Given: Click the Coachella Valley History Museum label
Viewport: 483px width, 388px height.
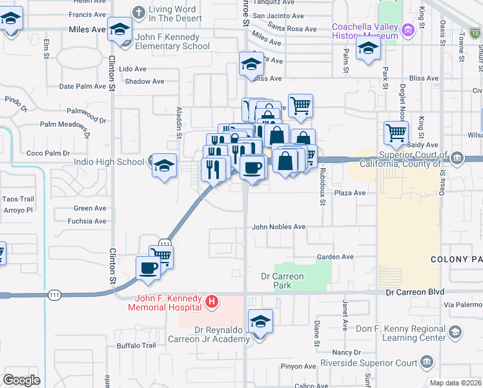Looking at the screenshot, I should [365, 32].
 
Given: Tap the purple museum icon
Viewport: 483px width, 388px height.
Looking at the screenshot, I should [407, 30].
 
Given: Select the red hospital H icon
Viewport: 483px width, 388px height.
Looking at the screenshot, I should [211, 301].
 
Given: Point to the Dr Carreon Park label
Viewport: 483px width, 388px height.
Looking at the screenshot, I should [282, 280].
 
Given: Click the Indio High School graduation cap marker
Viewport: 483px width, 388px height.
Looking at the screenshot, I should [164, 165].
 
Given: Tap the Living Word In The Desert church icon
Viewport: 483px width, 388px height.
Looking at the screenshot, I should [139, 12].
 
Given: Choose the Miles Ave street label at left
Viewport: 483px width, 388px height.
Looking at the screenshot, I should [87, 30].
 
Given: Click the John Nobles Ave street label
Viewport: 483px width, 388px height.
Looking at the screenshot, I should [278, 227].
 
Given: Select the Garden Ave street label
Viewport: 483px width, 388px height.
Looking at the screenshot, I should [335, 257].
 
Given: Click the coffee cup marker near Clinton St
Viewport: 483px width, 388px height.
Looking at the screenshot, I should [147, 268].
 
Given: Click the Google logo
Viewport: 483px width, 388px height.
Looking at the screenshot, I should [21, 380].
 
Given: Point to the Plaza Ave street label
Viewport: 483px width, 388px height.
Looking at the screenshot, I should [349, 193].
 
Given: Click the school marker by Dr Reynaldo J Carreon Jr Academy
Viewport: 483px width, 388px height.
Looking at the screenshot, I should [260, 321].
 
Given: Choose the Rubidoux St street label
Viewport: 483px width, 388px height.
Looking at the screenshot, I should [322, 188].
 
